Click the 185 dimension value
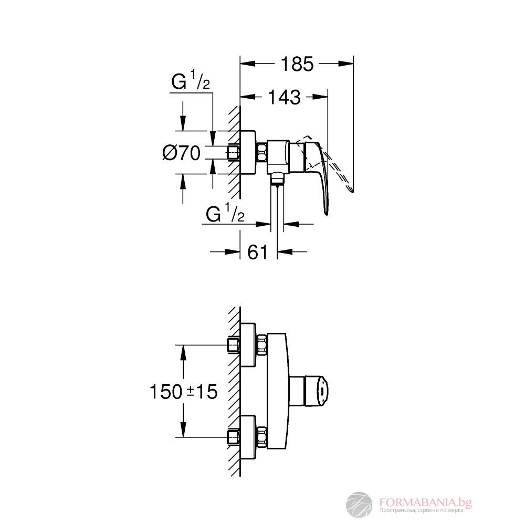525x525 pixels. pos(297,64)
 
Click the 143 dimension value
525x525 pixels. pos(284,97)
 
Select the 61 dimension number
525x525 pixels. pos(257,253)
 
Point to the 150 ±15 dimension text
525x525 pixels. pos(183,392)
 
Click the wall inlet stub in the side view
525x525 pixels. pos(234,153)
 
